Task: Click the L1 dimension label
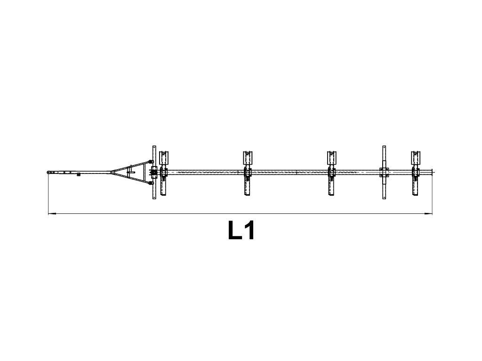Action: pos(241,230)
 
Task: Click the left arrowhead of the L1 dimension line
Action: pos(52,213)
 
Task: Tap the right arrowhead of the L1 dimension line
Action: pos(428,213)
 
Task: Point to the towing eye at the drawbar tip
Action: pos(48,173)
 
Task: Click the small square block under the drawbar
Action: pos(78,175)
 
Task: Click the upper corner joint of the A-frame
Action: pos(151,162)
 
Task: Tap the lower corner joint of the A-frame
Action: pos(151,183)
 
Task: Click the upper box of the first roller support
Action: pos(164,157)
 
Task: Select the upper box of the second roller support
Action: pos(248,157)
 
